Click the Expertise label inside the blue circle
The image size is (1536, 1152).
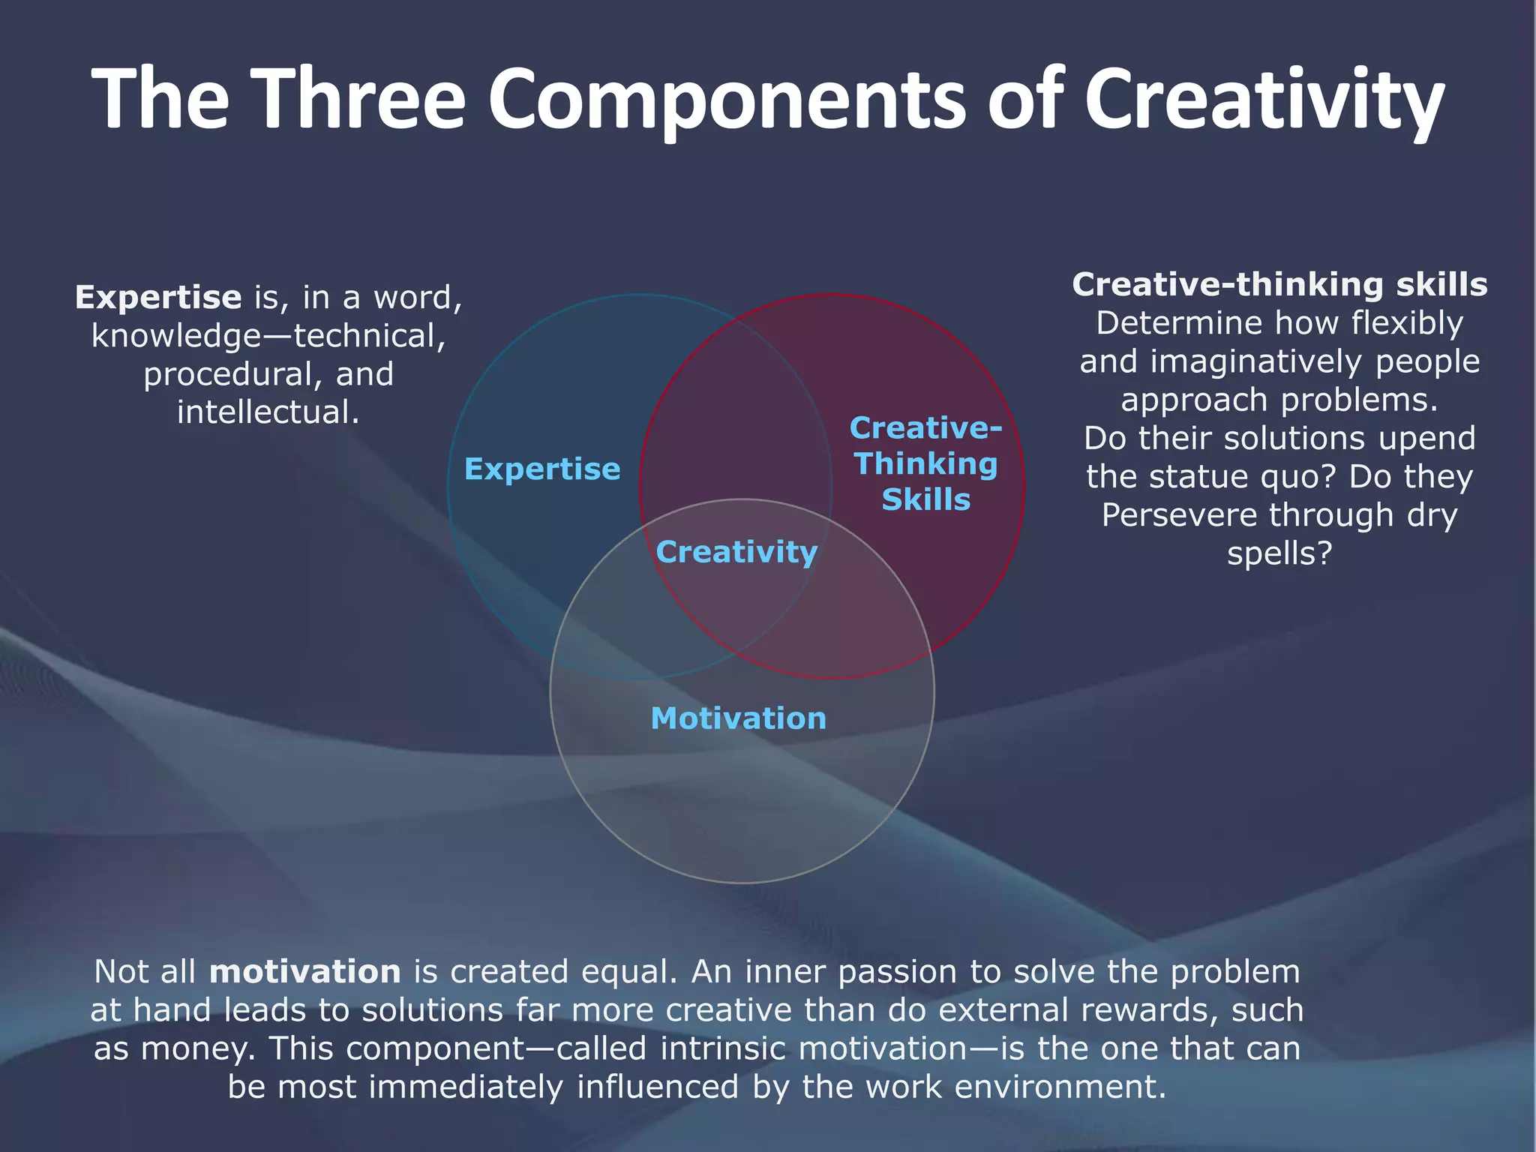542,469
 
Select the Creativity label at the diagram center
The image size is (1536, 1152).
736,552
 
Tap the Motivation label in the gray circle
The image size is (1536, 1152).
739,718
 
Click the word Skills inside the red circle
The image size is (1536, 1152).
925,499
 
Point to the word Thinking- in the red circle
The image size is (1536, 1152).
925,463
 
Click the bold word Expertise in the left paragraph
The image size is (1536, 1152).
158,297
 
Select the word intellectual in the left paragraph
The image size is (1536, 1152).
268,412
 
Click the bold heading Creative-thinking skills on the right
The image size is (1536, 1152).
1279,284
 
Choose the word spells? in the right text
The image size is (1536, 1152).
1279,553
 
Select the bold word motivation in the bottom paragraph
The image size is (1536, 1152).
305,972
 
